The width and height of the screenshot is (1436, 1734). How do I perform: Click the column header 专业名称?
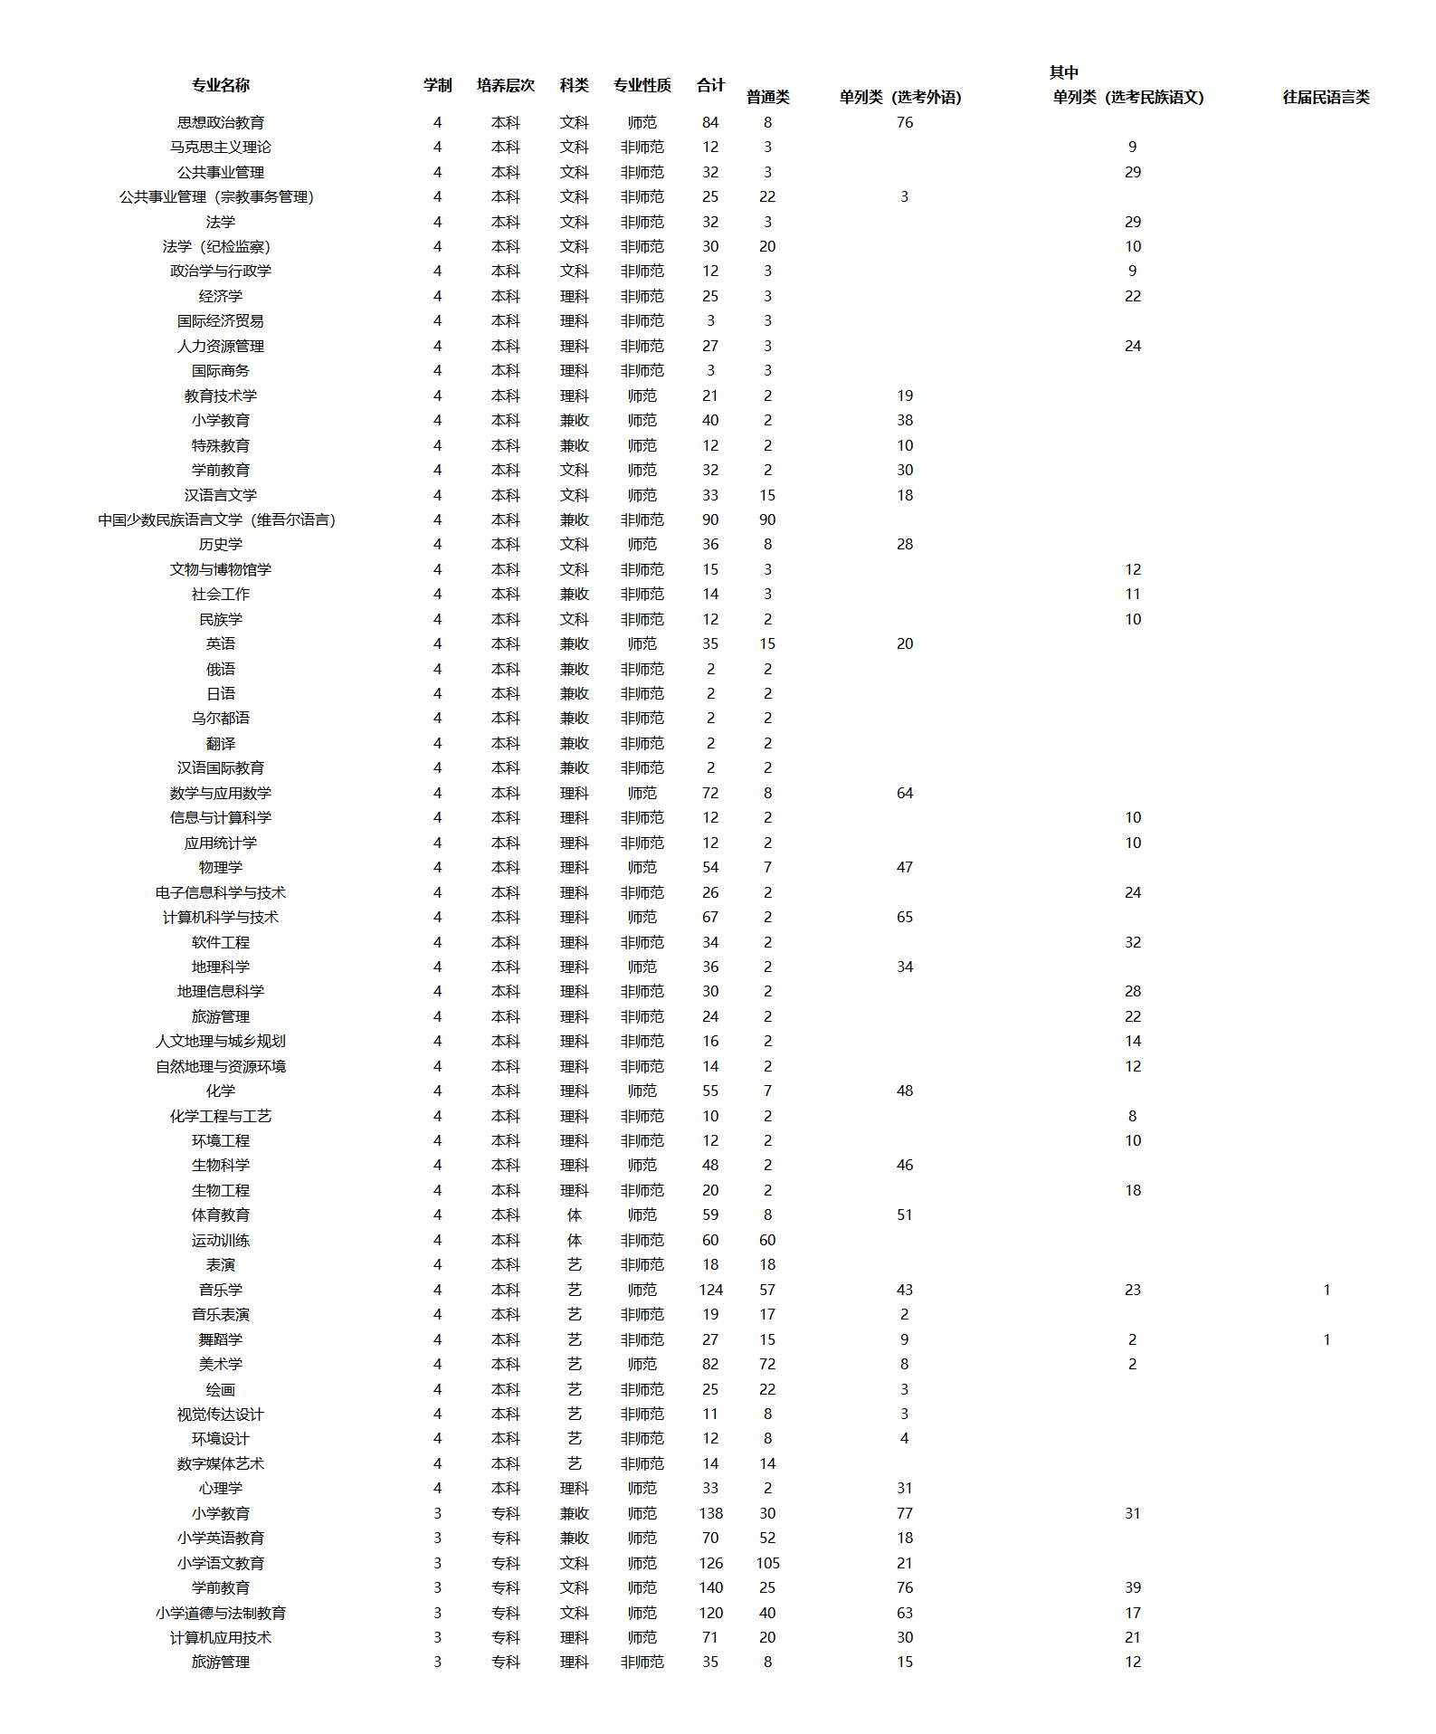click(x=220, y=85)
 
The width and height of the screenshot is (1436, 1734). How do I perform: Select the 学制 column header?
click(x=437, y=85)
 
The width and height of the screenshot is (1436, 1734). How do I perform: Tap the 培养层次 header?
click(x=505, y=85)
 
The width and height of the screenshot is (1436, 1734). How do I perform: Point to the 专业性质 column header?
click(x=642, y=85)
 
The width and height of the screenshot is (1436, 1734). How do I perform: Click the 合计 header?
click(x=710, y=85)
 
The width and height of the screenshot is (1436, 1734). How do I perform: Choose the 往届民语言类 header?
click(x=1326, y=97)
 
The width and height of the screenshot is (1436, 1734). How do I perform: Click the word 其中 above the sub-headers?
click(x=1063, y=72)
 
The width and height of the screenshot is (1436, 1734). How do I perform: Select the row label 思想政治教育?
click(x=220, y=122)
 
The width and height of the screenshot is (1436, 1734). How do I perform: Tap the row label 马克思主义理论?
click(x=220, y=147)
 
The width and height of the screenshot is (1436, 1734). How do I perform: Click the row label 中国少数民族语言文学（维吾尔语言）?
click(x=217, y=519)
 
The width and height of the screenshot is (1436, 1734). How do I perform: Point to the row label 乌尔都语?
click(x=220, y=718)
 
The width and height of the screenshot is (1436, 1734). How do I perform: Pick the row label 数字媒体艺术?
click(x=220, y=1463)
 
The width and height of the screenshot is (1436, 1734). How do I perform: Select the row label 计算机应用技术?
click(x=220, y=1637)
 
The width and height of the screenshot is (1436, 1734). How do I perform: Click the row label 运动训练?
click(x=220, y=1240)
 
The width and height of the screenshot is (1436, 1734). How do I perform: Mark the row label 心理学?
click(x=220, y=1488)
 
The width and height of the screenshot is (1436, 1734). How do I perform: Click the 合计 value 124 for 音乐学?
click(x=710, y=1290)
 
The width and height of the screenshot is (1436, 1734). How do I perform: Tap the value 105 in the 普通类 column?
click(x=767, y=1563)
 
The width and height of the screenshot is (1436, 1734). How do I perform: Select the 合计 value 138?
click(x=710, y=1513)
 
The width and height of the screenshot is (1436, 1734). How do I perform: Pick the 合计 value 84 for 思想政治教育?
click(x=710, y=122)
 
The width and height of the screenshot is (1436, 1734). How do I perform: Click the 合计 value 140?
click(x=710, y=1587)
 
